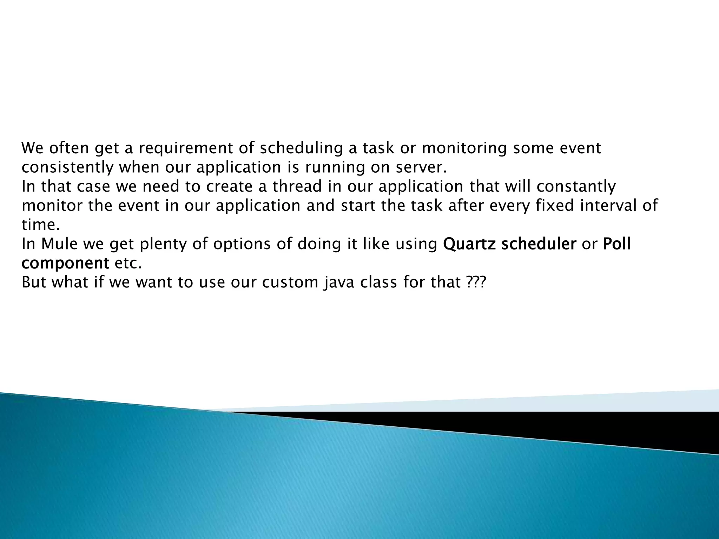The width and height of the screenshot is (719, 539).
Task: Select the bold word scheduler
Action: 539,244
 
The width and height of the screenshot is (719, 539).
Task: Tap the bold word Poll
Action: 617,244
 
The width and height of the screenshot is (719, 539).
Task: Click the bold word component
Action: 65,263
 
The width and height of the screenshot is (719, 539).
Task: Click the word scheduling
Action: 301,148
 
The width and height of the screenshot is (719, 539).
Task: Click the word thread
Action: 297,186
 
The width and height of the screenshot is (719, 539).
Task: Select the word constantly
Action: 576,186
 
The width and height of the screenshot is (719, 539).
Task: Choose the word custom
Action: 290,282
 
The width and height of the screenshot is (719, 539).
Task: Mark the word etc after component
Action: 128,263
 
